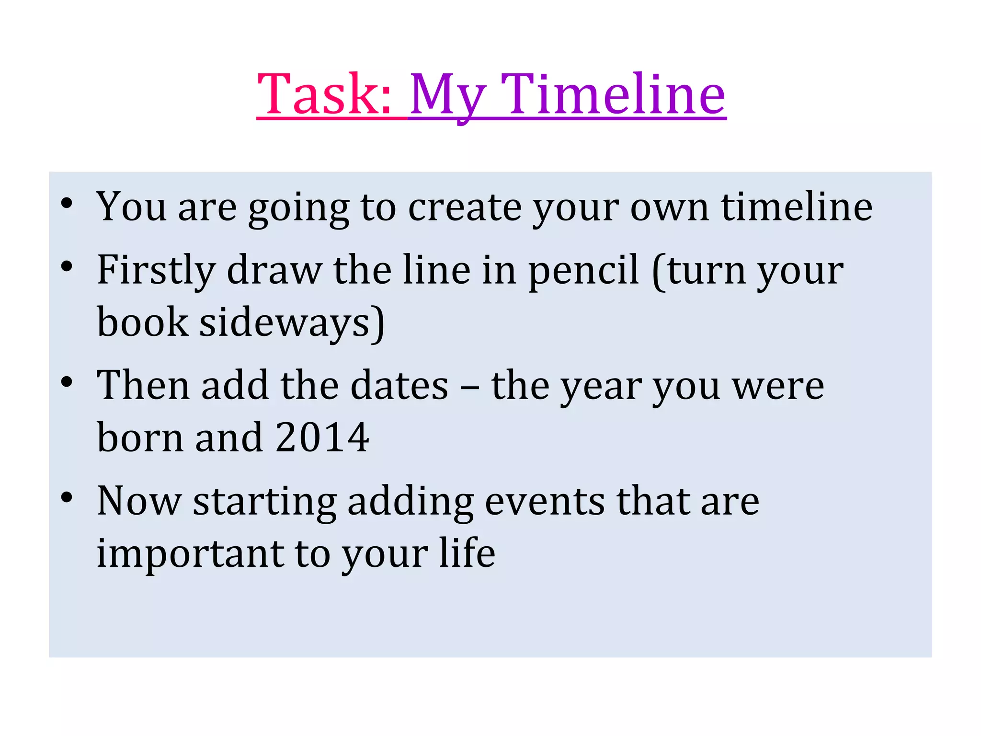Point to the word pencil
click(x=583, y=271)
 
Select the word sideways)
click(x=292, y=323)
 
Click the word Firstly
click(x=156, y=271)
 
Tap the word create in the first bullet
click(x=465, y=208)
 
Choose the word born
click(x=140, y=437)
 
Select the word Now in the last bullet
click(x=139, y=501)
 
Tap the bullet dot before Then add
click(x=67, y=382)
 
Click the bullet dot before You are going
click(x=67, y=203)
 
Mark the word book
click(x=142, y=322)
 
